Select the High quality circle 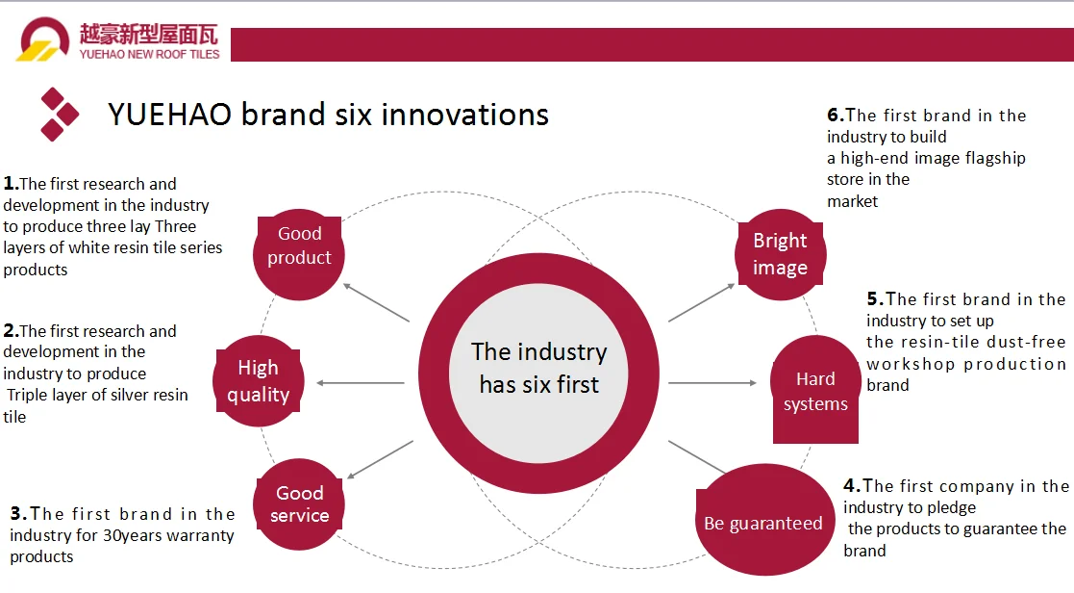(258, 381)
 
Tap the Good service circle (299, 504)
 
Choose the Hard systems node (815, 390)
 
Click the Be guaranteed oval (762, 523)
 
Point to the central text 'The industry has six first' (538, 368)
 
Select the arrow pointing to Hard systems (712, 383)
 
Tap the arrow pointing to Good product (376, 302)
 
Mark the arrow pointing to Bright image (702, 302)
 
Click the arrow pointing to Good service (380, 460)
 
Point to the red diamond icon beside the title (59, 115)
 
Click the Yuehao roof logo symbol (42, 42)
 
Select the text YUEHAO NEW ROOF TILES (149, 55)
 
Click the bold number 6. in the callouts (835, 116)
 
